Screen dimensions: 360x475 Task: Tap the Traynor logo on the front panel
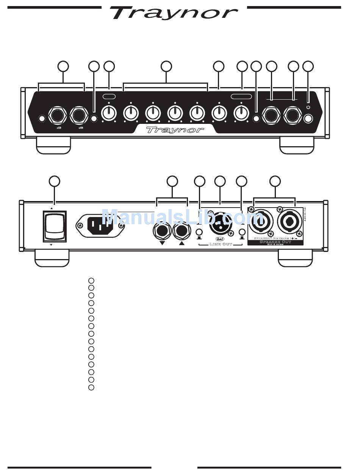point(175,130)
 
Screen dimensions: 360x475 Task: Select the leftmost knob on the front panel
point(109,112)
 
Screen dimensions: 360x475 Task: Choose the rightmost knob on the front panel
point(241,112)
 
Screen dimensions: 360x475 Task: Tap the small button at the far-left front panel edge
point(42,119)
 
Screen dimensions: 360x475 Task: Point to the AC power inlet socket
point(100,225)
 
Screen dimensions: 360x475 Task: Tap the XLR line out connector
point(220,225)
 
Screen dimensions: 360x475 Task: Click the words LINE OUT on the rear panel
point(221,245)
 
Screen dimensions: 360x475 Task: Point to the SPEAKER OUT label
point(275,242)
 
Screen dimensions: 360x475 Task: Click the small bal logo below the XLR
point(220,239)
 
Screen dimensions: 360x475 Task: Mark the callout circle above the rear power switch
point(55,181)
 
